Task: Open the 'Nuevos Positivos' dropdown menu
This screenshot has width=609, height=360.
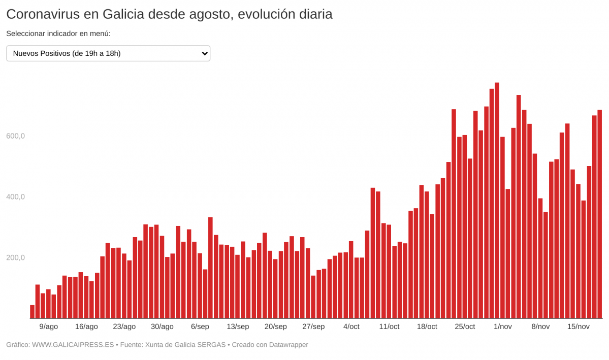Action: coord(108,53)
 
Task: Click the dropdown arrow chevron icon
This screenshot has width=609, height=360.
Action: coord(204,53)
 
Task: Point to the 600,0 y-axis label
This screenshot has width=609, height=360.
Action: coord(15,136)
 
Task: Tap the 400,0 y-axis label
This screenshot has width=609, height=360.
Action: coord(15,197)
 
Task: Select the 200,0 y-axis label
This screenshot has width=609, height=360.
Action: coord(15,257)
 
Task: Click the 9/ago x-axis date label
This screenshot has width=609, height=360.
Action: coord(48,326)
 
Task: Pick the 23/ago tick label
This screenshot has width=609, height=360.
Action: coord(124,326)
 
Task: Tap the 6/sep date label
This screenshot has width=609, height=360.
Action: coord(200,326)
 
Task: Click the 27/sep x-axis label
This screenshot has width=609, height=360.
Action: coord(313,326)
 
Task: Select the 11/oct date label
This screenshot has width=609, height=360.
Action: coord(389,326)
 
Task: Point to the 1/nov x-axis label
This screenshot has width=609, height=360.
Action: coord(502,326)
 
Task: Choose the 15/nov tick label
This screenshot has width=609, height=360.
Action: coord(578,326)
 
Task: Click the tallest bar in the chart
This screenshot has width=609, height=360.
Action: coord(497,201)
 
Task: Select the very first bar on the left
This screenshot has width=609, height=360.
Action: coord(32,312)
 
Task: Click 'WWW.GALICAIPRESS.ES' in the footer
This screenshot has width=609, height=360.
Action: coord(73,345)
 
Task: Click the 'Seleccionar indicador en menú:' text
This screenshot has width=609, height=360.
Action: coord(58,34)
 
